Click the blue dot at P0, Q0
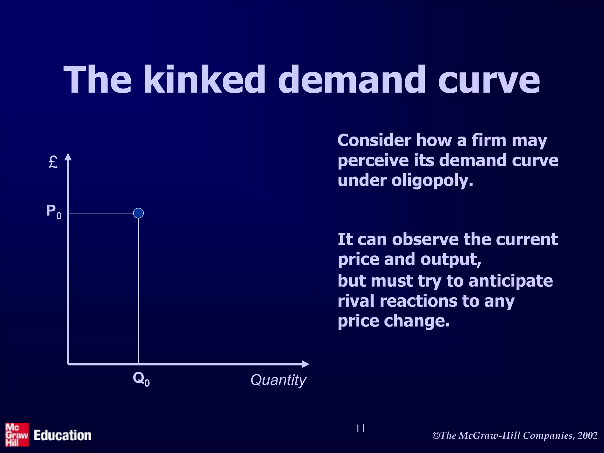(x=138, y=213)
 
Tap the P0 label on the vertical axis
(x=54, y=212)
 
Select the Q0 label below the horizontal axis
(x=141, y=379)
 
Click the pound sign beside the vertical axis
(x=53, y=162)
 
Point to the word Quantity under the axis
(x=278, y=380)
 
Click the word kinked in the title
(x=204, y=80)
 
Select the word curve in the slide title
(x=489, y=80)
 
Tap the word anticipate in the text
(x=511, y=281)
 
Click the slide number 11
(x=360, y=429)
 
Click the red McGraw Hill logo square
(x=17, y=434)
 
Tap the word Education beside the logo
(x=62, y=436)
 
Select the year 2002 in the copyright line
(x=587, y=436)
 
